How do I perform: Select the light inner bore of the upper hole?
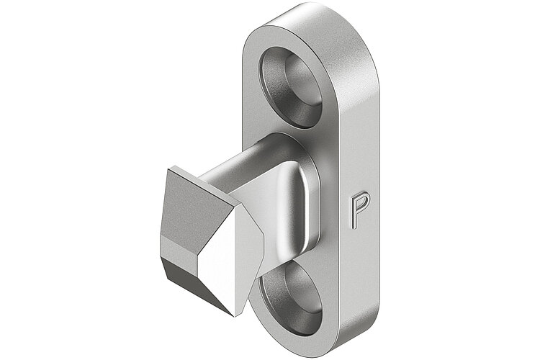pyautogui.click(x=299, y=79)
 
